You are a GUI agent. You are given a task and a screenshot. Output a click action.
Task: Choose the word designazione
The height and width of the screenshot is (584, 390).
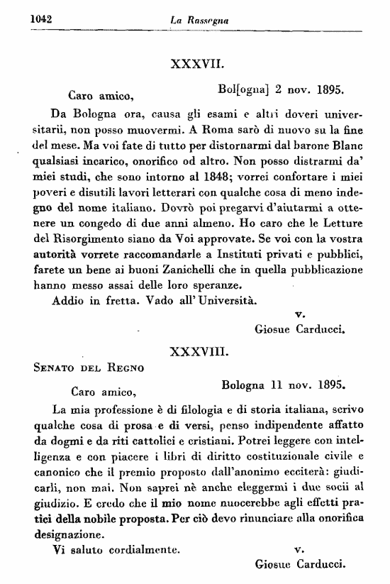74,534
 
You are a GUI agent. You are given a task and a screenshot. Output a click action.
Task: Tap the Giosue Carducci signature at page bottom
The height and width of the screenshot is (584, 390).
299,566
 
